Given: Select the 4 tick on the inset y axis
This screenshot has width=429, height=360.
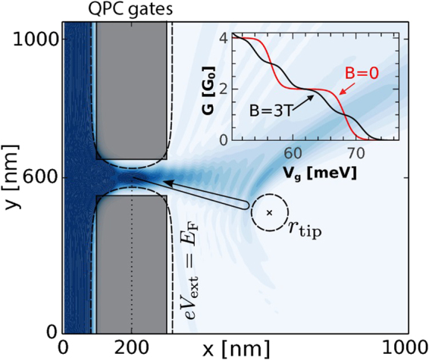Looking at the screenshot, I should [224, 37].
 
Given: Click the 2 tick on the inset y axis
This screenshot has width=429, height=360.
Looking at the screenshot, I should [224, 89].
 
